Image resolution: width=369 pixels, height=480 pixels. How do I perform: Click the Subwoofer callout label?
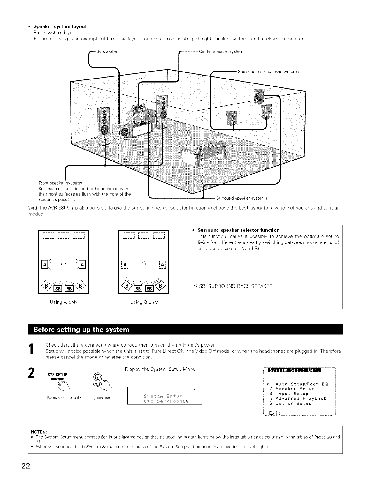(107, 51)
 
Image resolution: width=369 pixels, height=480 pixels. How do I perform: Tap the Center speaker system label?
(221, 51)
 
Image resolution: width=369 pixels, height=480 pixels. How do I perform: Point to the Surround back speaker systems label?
(268, 72)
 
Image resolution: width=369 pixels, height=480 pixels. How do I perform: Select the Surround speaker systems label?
(242, 198)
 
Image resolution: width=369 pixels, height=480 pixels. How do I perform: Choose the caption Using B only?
(144, 302)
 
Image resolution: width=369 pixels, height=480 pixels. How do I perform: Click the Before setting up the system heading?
(81, 330)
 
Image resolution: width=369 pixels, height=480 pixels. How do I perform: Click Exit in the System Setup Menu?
(275, 413)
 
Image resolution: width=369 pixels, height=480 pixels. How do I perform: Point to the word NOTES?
(38, 432)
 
